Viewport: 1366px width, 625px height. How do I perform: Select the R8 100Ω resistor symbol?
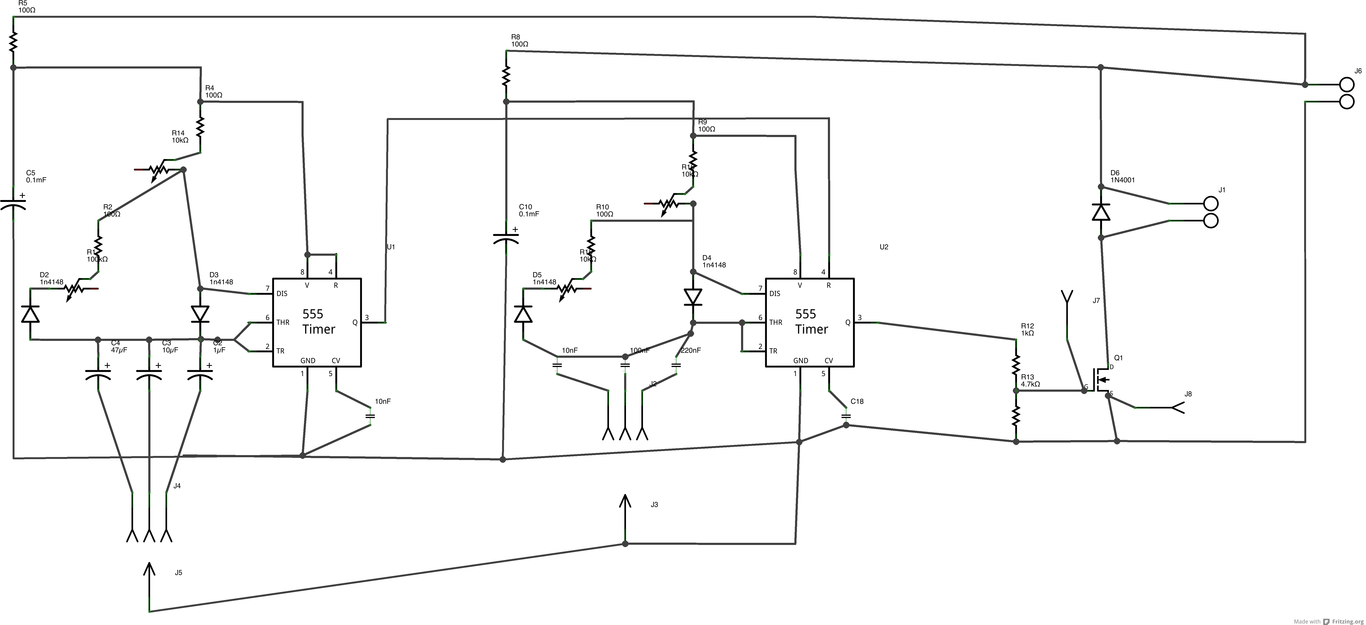click(x=506, y=76)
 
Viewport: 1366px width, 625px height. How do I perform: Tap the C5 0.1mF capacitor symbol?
click(x=13, y=203)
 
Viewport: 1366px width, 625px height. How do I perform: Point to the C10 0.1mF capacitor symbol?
click(x=506, y=237)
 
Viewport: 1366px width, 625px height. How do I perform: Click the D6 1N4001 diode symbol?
click(x=1101, y=212)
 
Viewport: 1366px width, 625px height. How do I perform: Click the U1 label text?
click(x=391, y=247)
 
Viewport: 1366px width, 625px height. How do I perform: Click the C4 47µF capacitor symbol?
click(x=98, y=374)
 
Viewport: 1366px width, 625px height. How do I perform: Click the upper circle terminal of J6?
click(x=1347, y=84)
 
